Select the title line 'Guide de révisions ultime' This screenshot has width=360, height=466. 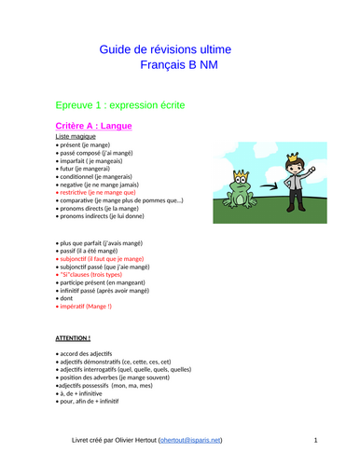pos(180,49)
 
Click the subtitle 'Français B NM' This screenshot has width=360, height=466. pos(180,65)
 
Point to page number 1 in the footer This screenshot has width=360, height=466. pos(316,439)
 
